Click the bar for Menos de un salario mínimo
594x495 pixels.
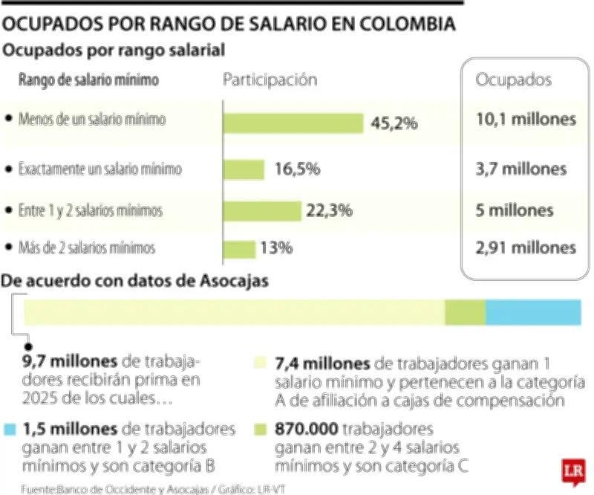[293, 123]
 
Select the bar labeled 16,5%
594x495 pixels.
[244, 169]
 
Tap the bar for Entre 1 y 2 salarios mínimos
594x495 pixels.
[262, 211]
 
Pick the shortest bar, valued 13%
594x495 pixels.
[239, 248]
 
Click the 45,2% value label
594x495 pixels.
[394, 123]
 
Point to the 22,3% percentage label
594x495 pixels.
[329, 211]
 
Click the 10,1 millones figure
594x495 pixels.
[526, 119]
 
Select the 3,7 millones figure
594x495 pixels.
[520, 169]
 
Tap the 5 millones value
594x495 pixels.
[514, 210]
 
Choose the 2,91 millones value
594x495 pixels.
[526, 247]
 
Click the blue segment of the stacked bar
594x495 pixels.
[533, 312]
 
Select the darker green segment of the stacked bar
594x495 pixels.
[465, 312]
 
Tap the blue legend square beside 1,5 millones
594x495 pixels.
[9, 430]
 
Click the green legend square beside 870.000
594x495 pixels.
[260, 430]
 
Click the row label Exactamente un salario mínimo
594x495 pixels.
[100, 169]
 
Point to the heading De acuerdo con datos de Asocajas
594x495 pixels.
[136, 281]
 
